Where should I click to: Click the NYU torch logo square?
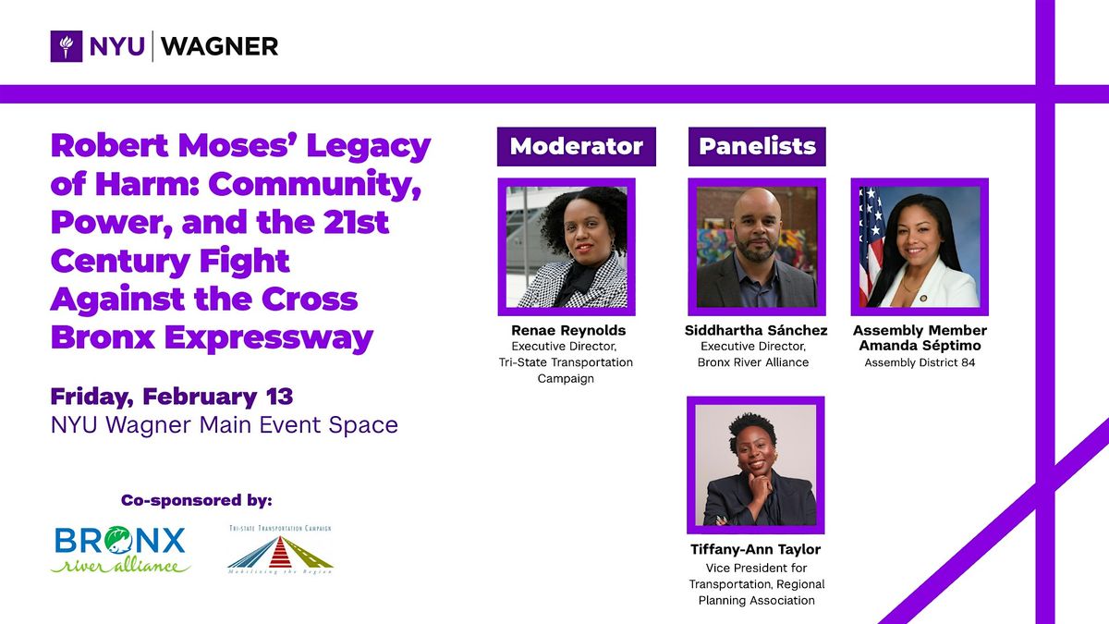[x=67, y=46]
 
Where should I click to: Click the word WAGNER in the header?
[x=219, y=46]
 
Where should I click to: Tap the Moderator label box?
[x=577, y=147]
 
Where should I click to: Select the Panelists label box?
[x=757, y=147]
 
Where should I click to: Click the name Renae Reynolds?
[x=568, y=330]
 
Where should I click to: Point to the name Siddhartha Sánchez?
[x=756, y=330]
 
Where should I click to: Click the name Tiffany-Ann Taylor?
[x=756, y=549]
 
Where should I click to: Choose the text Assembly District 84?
[x=920, y=362]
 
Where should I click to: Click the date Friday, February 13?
[x=172, y=398]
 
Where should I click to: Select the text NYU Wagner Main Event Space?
[x=225, y=425]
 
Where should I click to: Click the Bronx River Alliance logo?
[x=121, y=550]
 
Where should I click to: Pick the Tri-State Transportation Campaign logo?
[x=280, y=550]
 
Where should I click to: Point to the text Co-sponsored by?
[x=197, y=500]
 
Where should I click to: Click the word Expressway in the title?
[x=269, y=338]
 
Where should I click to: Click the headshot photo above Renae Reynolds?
[x=567, y=247]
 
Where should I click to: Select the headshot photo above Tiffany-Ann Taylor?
[x=756, y=465]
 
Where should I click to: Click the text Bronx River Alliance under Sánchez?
[x=753, y=362]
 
